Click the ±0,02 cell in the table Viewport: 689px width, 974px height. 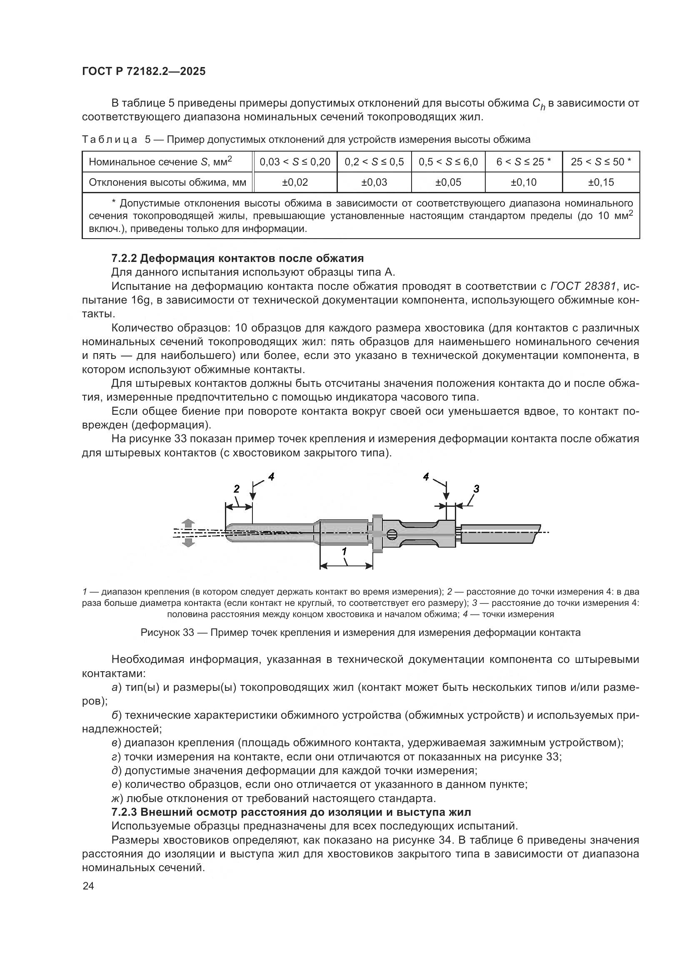(295, 182)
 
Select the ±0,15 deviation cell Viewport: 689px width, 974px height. (601, 182)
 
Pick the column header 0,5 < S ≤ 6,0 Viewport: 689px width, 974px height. (448, 162)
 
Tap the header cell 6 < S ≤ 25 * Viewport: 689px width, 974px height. (524, 162)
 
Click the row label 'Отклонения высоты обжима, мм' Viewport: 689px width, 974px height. (167, 182)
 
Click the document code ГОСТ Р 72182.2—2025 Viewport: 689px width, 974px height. (143, 71)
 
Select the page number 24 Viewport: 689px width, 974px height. (88, 886)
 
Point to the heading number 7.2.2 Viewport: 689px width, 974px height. (123, 258)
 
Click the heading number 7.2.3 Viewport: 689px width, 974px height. (123, 812)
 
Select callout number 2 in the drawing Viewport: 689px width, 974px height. (236, 489)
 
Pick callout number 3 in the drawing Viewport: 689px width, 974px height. (476, 489)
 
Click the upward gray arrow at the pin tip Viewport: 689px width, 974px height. (189, 523)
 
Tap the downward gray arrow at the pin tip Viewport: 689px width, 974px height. (189, 543)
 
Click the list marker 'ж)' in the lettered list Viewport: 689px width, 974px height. (117, 798)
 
